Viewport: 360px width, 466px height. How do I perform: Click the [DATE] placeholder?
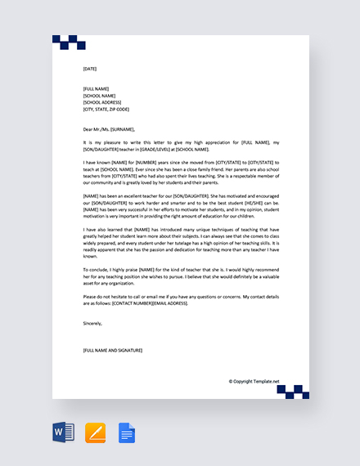90,69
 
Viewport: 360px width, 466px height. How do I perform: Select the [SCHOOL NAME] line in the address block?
101,95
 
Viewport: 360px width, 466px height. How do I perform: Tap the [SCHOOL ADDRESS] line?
104,101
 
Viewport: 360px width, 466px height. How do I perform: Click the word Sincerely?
93,323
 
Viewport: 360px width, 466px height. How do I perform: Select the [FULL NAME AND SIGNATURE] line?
113,350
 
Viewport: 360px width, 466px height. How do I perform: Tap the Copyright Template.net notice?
254,381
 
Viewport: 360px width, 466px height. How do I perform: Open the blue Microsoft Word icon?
63,432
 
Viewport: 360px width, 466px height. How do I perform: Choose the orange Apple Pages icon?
95,432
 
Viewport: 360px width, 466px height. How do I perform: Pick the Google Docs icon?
127,432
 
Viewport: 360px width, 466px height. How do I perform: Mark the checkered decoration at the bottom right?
293,392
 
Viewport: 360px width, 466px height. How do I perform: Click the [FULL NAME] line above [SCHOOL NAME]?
97,88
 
